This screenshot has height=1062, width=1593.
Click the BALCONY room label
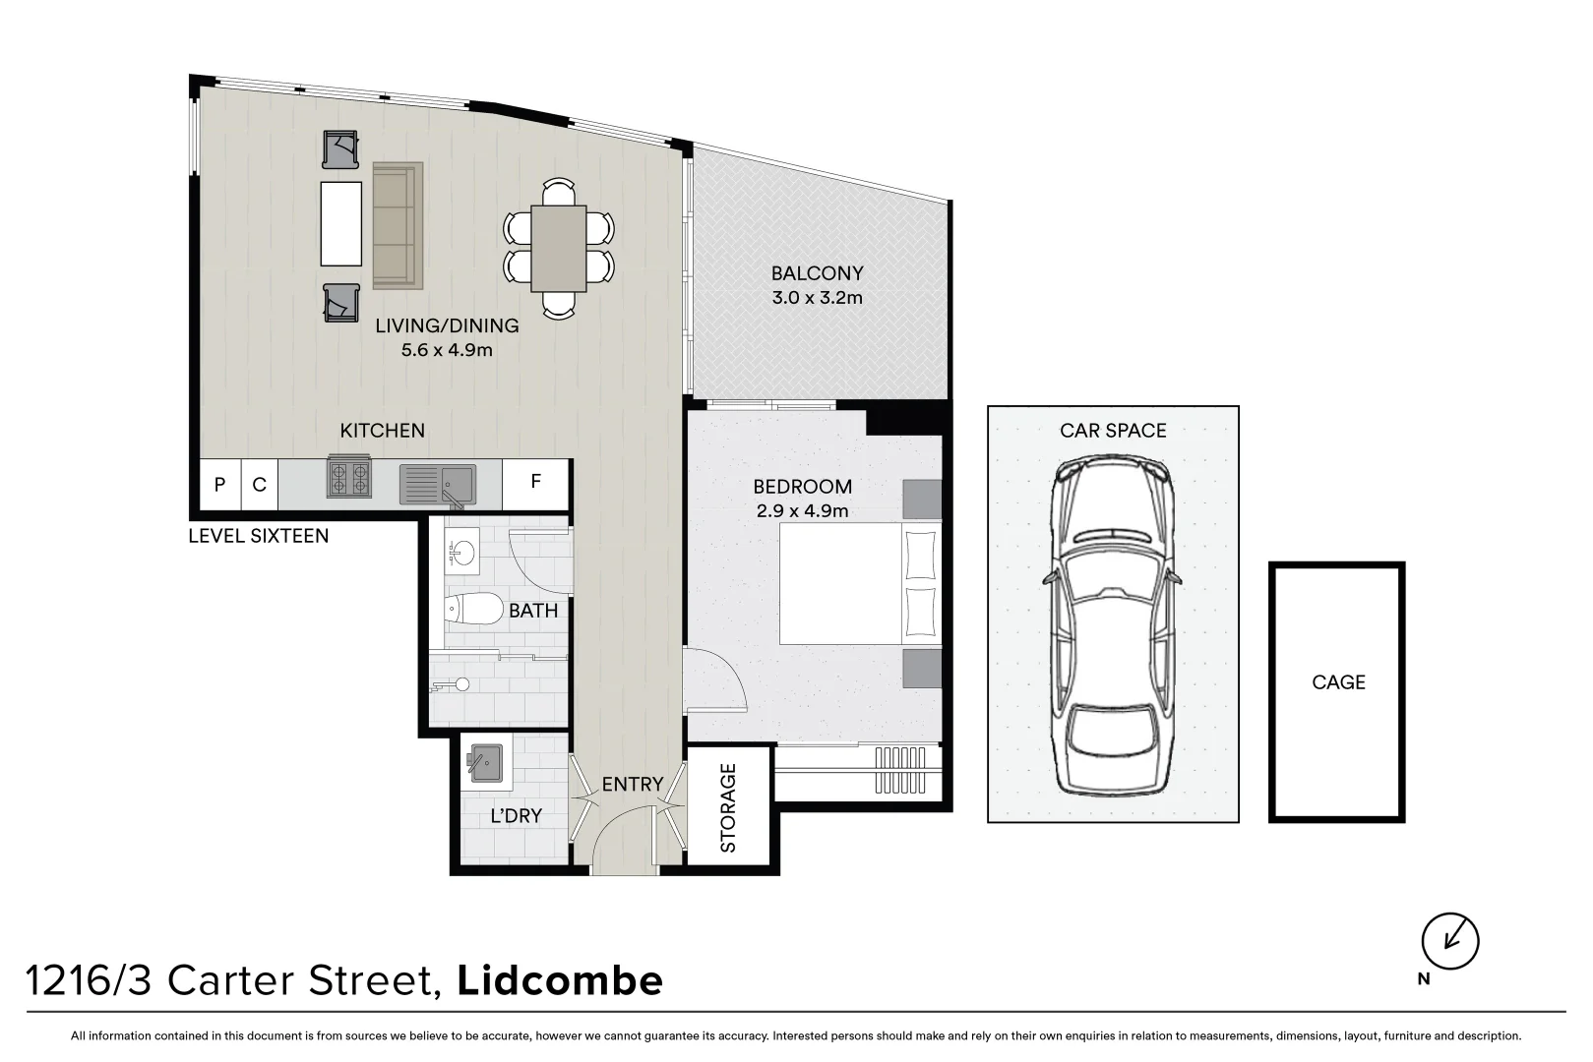[x=817, y=273]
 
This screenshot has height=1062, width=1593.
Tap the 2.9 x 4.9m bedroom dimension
[x=802, y=510]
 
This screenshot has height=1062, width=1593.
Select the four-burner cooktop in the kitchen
[x=348, y=479]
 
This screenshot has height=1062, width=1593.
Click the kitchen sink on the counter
[x=438, y=484]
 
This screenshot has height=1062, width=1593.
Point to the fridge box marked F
[x=535, y=483]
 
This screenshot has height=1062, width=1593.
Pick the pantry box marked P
[x=219, y=485]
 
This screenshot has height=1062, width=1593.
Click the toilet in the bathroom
[x=472, y=610]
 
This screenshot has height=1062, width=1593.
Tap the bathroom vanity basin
[x=460, y=555]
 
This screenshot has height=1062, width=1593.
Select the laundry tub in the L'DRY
[x=486, y=762]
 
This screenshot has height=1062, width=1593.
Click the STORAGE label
[x=728, y=807]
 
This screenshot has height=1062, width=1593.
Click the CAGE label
[x=1338, y=682]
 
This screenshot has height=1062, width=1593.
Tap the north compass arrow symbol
[x=1450, y=940]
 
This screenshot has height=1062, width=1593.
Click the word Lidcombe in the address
[x=561, y=980]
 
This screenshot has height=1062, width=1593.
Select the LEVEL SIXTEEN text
[x=258, y=537]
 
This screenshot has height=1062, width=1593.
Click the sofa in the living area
[x=398, y=226]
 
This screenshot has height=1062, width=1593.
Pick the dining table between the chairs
[x=559, y=248]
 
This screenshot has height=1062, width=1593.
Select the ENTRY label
[x=632, y=784]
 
